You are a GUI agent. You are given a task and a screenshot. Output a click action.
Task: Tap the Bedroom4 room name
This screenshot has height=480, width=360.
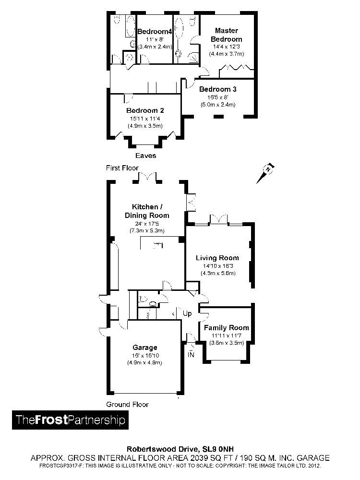(155, 32)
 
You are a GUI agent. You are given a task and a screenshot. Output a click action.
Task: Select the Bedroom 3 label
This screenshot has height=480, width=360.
(217, 89)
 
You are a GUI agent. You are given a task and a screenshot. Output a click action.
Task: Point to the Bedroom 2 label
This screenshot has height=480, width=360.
(145, 110)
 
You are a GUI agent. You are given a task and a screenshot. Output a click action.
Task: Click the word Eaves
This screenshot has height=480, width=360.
(145, 156)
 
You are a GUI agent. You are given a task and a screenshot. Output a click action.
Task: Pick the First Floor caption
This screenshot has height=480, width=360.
(122, 168)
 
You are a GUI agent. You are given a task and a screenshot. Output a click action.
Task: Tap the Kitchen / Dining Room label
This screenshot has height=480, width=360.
(147, 211)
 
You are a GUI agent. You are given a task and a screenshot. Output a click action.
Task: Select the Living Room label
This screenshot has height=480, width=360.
(217, 258)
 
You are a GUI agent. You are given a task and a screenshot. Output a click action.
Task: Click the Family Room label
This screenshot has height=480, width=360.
(227, 328)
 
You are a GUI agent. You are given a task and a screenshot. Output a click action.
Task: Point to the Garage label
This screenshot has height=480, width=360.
(144, 348)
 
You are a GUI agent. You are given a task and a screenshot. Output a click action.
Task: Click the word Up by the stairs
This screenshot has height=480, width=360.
(187, 314)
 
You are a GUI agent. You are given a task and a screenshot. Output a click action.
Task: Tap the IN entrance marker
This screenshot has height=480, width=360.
(191, 355)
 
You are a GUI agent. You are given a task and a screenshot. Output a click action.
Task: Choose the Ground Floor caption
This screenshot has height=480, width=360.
(127, 404)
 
